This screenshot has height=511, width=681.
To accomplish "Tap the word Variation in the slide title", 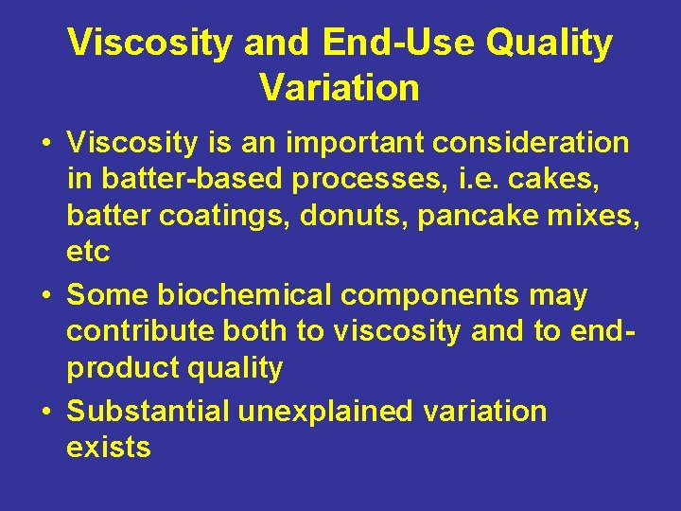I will tap(340, 88).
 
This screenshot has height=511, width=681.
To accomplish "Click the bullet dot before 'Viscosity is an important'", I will tap(45, 144).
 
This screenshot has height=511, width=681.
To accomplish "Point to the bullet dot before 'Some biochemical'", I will tap(45, 297).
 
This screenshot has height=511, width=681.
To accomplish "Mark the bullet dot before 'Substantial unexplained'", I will tap(45, 413).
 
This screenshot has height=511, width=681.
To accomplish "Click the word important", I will tap(335, 143).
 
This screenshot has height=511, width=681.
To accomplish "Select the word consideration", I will tap(531, 143).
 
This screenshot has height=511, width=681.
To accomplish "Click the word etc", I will tap(88, 253).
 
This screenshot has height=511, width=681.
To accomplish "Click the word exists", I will tap(108, 447).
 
